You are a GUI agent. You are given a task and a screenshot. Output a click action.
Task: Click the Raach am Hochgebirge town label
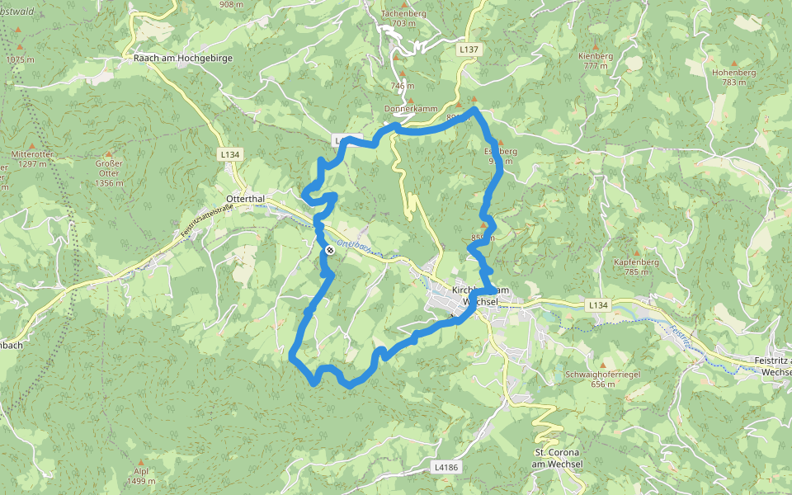183,59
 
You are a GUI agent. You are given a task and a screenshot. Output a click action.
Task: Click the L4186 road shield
445,467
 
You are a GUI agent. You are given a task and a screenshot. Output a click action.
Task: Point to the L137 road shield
469,49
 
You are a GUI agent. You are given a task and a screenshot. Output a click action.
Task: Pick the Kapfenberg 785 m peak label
636,266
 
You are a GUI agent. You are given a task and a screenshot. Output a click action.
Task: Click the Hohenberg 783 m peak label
733,77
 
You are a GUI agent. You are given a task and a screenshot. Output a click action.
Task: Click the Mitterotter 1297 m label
32,159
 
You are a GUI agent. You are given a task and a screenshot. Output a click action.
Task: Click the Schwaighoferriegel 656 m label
603,379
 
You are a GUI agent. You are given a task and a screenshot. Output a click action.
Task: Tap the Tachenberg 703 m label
403,18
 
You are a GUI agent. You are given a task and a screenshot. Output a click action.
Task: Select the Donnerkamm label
403,109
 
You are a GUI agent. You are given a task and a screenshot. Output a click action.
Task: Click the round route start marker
330,249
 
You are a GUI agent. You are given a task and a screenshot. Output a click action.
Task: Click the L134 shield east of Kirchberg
598,305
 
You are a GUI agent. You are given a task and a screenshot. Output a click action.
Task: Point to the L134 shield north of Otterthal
229,154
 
